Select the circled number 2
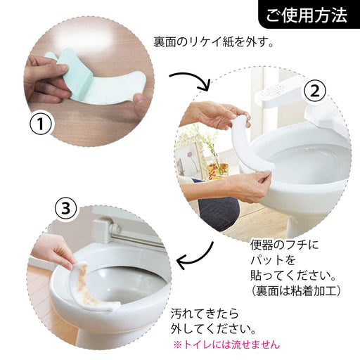pos(315,90)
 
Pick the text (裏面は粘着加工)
pos(295,290)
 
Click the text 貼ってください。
pos(288,275)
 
